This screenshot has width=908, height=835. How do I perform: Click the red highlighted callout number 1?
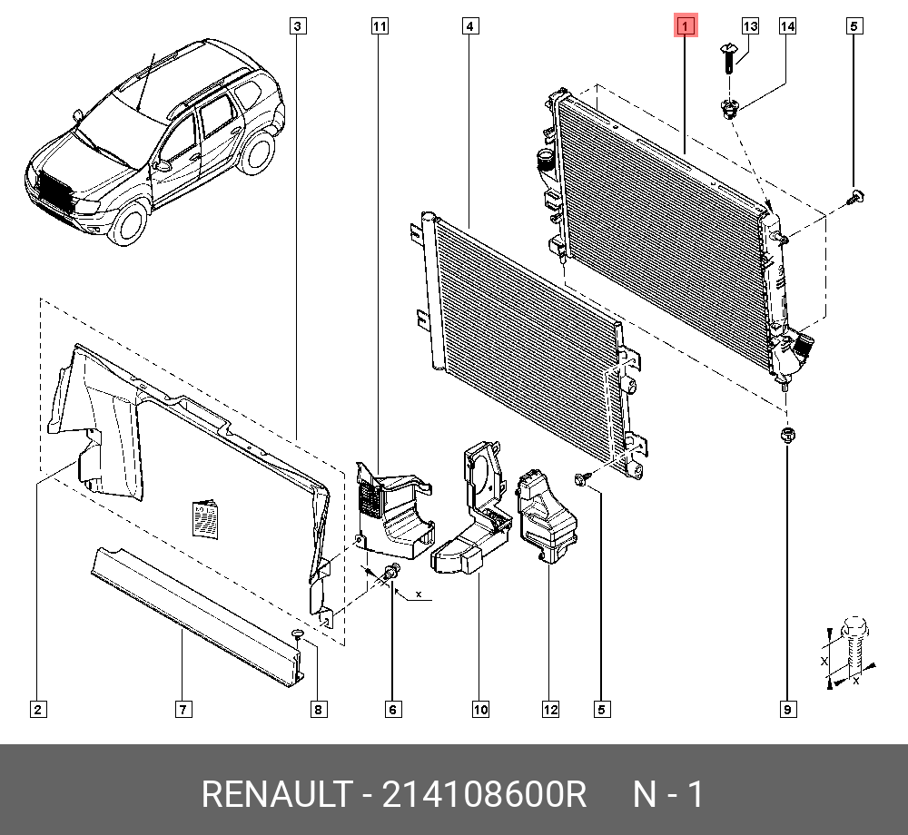pyautogui.click(x=685, y=26)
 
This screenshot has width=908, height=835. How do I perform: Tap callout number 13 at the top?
pyautogui.click(x=750, y=26)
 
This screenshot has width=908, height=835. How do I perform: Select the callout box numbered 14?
pyautogui.click(x=787, y=26)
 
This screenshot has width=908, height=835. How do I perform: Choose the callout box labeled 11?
pyautogui.click(x=380, y=26)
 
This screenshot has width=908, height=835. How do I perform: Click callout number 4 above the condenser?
pyautogui.click(x=469, y=26)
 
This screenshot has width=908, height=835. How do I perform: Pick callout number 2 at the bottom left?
pyautogui.click(x=37, y=709)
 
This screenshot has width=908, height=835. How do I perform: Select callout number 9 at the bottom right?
pyautogui.click(x=787, y=709)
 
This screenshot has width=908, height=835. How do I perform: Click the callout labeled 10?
pyautogui.click(x=479, y=709)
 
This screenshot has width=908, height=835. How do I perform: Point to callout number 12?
pyautogui.click(x=550, y=709)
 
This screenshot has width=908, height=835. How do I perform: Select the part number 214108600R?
pyautogui.click(x=485, y=795)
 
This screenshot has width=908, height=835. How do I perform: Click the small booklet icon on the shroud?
pyautogui.click(x=206, y=520)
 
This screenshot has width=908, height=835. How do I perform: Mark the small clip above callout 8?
pyautogui.click(x=298, y=634)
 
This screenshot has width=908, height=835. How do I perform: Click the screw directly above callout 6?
pyautogui.click(x=392, y=572)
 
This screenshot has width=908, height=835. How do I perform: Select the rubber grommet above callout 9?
pyautogui.click(x=786, y=435)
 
